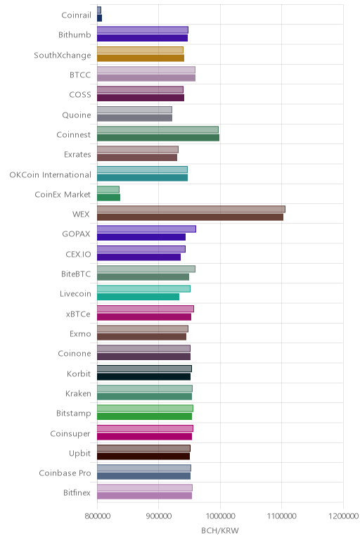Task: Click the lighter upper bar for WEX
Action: pos(191,209)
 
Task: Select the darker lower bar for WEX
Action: pos(190,217)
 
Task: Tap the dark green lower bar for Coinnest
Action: pos(158,138)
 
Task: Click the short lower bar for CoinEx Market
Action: pos(109,198)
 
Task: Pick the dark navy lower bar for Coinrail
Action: pos(99,18)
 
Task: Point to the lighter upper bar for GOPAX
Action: pos(146,229)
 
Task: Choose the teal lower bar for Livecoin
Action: pos(138,297)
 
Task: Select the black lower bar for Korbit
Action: pos(143,376)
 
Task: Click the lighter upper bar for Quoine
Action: pos(135,110)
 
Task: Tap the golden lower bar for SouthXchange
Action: pos(141,58)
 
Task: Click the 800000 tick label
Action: pos(98,516)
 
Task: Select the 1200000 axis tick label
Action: pos(343,516)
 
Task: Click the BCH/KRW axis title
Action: pos(220,530)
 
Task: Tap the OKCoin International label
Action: pos(50,175)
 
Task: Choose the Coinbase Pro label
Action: pos(65,473)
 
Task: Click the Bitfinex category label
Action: pos(77,493)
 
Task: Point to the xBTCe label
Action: pos(78,314)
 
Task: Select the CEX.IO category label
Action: pos(78,254)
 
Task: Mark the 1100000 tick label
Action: pos(282,516)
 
